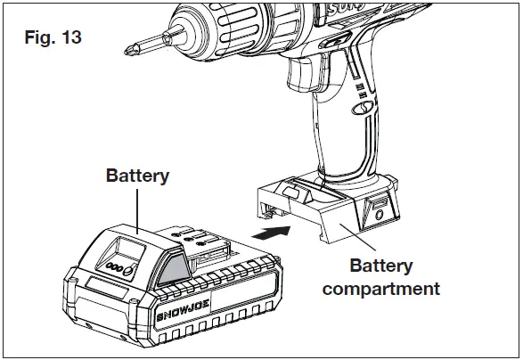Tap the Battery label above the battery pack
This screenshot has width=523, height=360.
pyautogui.click(x=137, y=176)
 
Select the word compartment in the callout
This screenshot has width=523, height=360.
pyautogui.click(x=381, y=289)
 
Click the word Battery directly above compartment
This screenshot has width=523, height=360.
pyautogui.click(x=381, y=266)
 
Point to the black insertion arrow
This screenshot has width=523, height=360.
pyautogui.click(x=273, y=233)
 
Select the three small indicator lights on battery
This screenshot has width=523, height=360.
pyautogui.click(x=114, y=266)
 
